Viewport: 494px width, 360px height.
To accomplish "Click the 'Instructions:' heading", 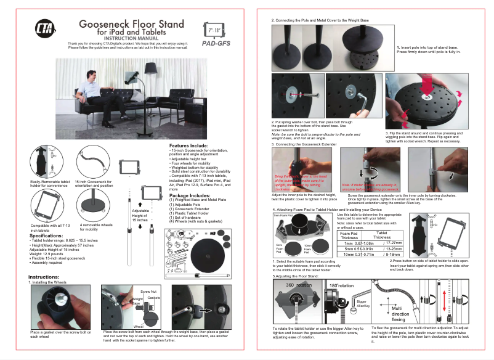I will click(x=44, y=277).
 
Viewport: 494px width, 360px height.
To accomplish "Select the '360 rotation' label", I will click(x=298, y=285).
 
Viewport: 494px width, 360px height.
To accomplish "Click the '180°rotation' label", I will click(x=341, y=286).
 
